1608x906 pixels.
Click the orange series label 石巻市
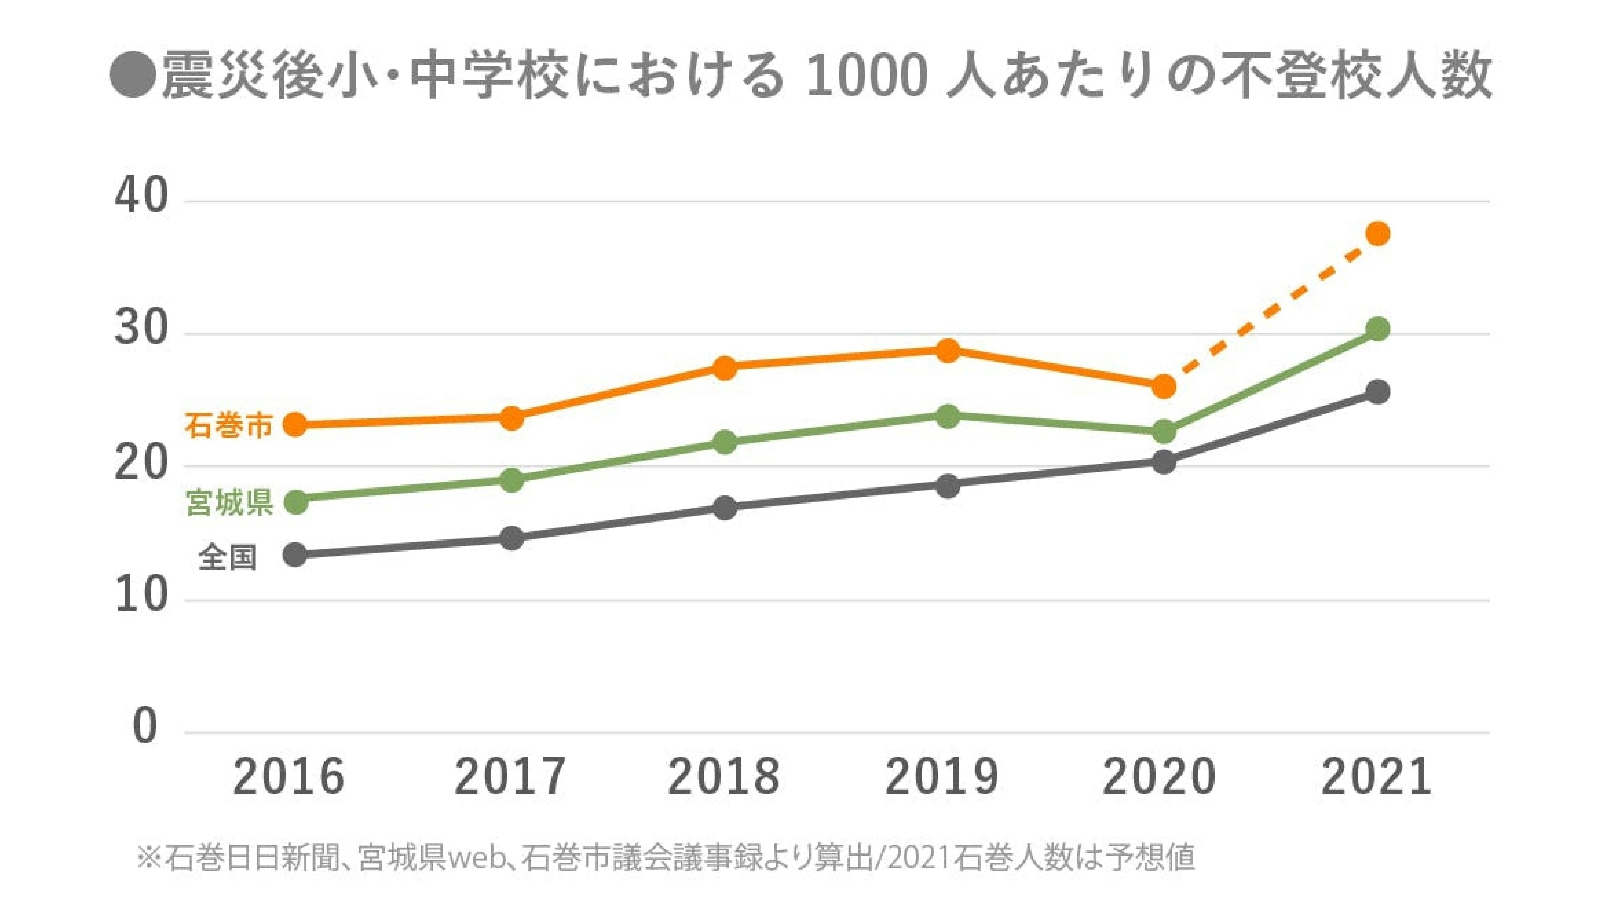pos(228,427)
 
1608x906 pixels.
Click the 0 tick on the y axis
pos(145,727)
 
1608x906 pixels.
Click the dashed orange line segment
pos(1273,309)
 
